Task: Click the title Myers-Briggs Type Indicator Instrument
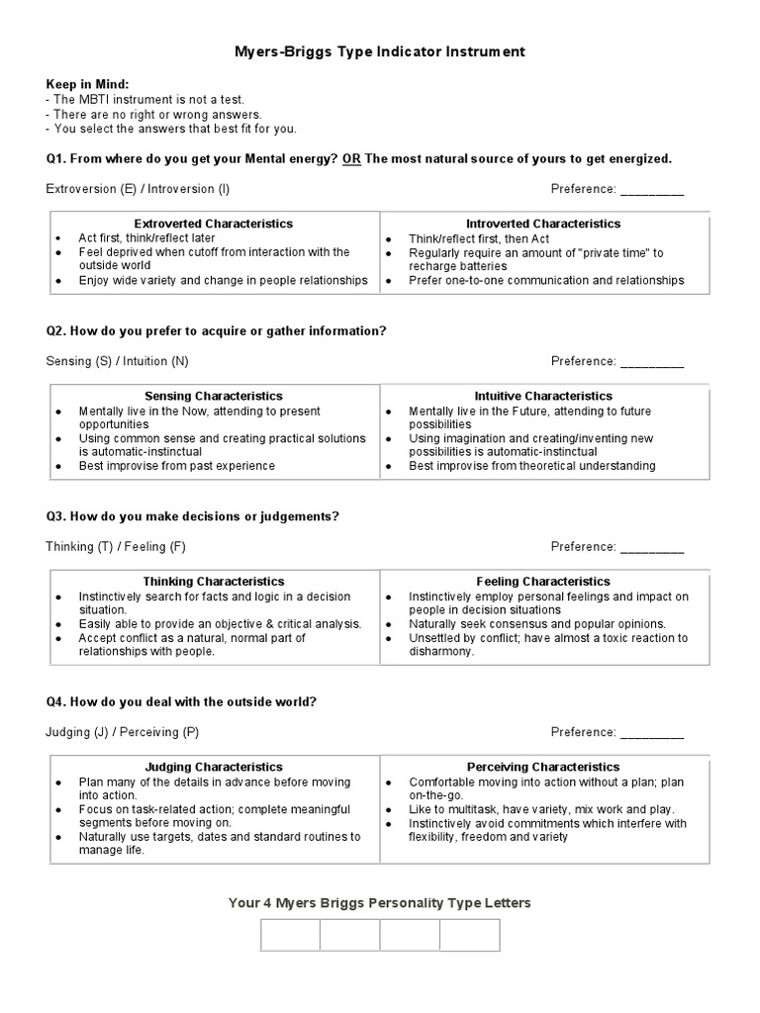[x=380, y=50]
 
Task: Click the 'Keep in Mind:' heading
[x=87, y=85]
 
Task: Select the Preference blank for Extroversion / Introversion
[x=651, y=189]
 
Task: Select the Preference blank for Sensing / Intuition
[x=651, y=362]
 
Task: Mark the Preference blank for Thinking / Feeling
[x=651, y=547]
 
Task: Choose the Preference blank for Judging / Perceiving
[x=651, y=733]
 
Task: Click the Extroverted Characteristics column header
[x=214, y=225]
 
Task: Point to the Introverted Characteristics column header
[x=543, y=225]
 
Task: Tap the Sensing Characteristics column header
[x=214, y=397]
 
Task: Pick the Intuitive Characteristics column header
[x=543, y=397]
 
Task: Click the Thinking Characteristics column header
[x=214, y=582]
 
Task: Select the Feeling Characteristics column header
[x=543, y=582]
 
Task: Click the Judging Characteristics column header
[x=214, y=767]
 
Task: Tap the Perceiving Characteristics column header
[x=543, y=767]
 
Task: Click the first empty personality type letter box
[x=291, y=935]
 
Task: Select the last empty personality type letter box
[x=470, y=935]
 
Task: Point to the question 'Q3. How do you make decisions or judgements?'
[x=193, y=516]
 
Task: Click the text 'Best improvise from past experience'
[x=177, y=466]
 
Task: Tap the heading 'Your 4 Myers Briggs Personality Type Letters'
[x=380, y=902]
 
